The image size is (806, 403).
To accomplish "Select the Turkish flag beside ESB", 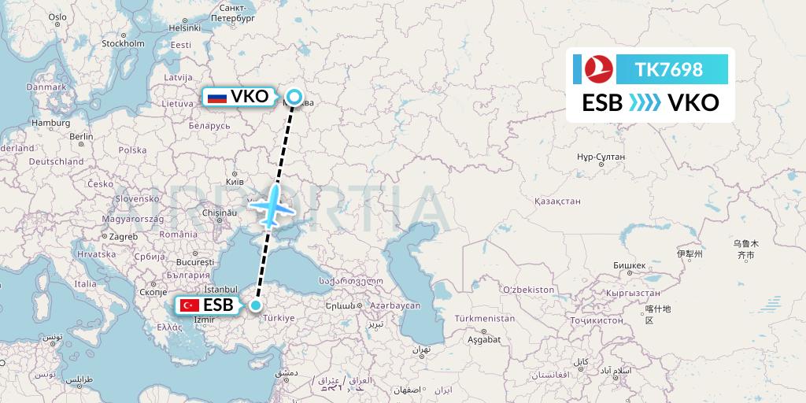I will click(x=189, y=305).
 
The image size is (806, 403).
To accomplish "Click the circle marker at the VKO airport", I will click(x=294, y=98).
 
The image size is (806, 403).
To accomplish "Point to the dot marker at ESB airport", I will click(x=256, y=305).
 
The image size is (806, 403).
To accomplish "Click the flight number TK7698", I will click(x=669, y=69).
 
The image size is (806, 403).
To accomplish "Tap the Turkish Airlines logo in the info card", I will click(x=593, y=69).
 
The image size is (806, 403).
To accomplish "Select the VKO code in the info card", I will click(x=693, y=103).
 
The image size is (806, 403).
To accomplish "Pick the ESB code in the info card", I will click(x=602, y=103).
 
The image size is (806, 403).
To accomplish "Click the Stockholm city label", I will click(x=123, y=43).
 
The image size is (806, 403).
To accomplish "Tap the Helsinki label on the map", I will click(x=184, y=28).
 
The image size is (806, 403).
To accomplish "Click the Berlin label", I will click(x=81, y=136).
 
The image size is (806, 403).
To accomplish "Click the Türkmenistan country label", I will click(x=484, y=319).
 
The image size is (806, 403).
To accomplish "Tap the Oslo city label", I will click(x=57, y=17).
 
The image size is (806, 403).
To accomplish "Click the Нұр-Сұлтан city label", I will click(x=601, y=157).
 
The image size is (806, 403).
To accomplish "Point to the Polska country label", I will click(x=133, y=150).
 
